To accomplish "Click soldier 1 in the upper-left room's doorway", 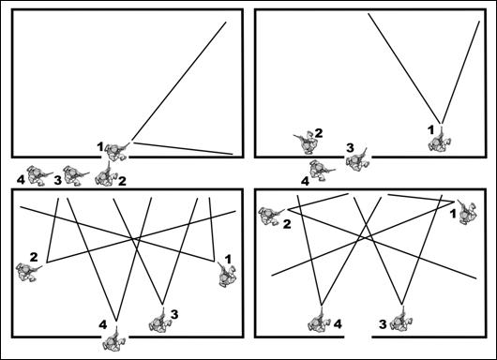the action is [116, 152].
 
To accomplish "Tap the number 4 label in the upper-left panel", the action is [21, 180].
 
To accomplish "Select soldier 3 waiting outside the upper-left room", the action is [75, 175].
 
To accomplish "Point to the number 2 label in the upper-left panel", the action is [122, 181].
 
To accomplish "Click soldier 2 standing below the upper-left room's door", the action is [106, 175].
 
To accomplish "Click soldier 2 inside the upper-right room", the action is [306, 142].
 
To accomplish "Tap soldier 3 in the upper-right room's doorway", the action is [357, 160].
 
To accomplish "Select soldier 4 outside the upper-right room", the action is [321, 170].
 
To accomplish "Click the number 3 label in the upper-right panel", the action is [350, 148].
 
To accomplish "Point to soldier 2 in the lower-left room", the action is [28, 272].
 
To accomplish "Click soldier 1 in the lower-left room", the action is [227, 275].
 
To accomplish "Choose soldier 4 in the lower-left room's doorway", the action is [113, 339].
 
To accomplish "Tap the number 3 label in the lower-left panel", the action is [174, 314].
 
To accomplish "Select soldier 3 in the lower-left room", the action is [159, 321].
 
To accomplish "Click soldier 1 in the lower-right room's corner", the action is [467, 212].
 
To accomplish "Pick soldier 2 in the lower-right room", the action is [270, 216].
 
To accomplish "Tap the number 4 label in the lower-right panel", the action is [338, 324].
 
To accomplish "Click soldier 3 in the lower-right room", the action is [401, 320].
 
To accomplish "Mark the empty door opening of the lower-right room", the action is [358, 337].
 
